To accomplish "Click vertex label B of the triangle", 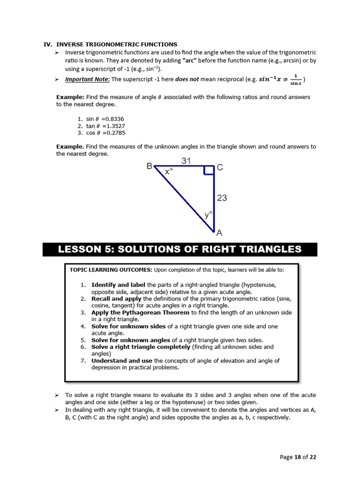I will tap(149, 166).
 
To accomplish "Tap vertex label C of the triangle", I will tap(220, 167).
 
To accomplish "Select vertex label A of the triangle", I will tap(219, 232).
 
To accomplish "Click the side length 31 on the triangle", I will tap(186, 161).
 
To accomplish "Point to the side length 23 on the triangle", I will tap(222, 198).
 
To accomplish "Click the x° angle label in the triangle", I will tap(169, 172).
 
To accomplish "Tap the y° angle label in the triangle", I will tap(208, 215).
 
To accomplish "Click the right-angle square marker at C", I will tap(209, 170).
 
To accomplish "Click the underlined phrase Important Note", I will tap(87, 79).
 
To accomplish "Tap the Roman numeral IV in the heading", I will tap(47, 45).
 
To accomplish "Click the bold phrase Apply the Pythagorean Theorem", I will tap(140, 312).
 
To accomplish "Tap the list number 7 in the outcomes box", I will tap(82, 360).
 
